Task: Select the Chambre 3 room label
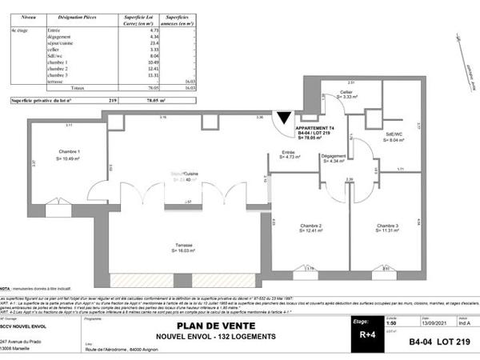point(390,226)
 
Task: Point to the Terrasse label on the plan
point(183,246)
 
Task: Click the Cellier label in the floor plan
point(346,93)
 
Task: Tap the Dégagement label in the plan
point(333,156)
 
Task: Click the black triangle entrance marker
point(283,121)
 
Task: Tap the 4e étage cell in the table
point(19,30)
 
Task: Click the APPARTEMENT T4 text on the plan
point(315,127)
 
